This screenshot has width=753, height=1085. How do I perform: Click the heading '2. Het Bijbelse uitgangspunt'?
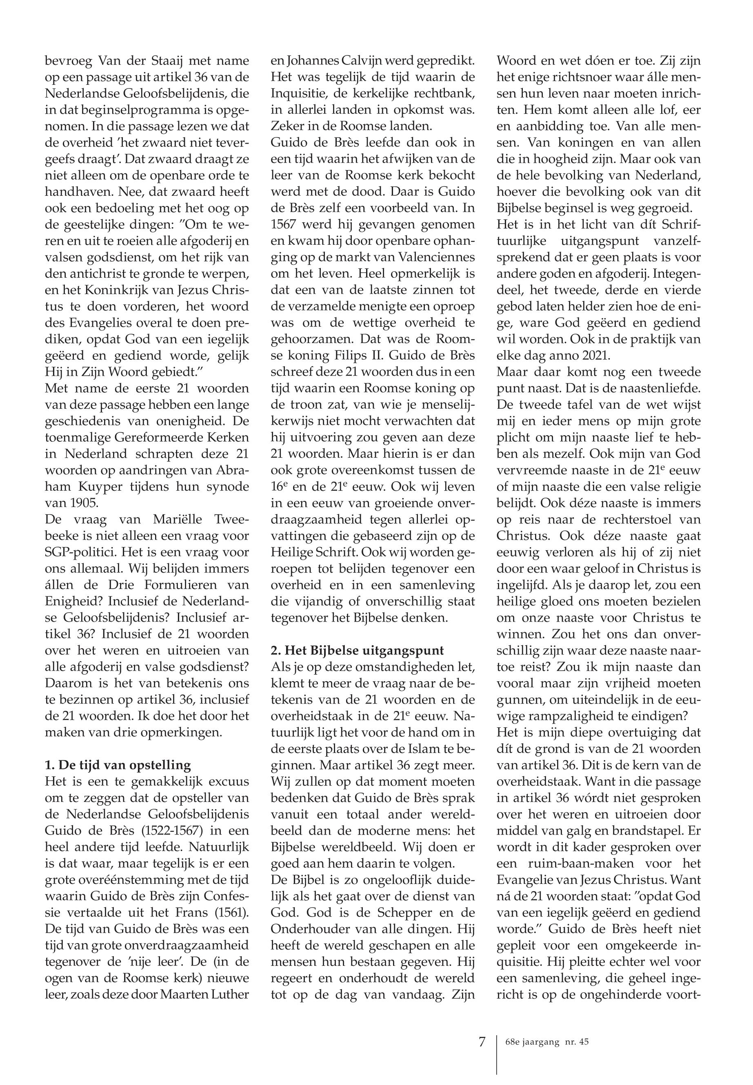tap(357, 650)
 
